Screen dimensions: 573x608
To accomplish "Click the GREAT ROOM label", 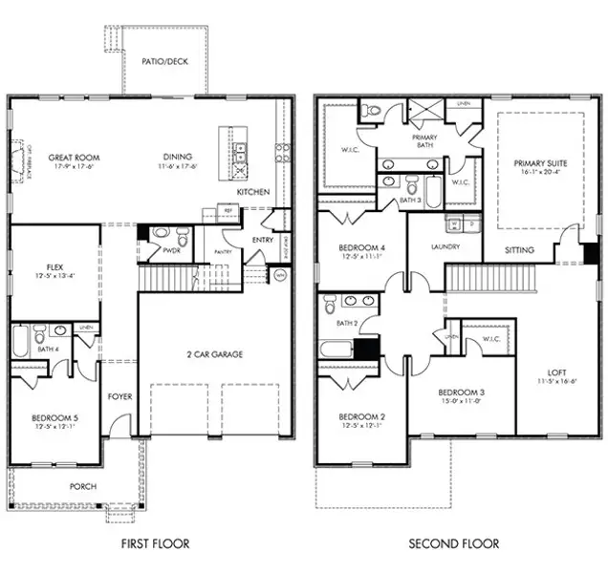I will point(75,158).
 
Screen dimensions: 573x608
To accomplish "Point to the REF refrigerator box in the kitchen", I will point(215,212).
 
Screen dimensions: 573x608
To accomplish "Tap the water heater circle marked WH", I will point(280,274).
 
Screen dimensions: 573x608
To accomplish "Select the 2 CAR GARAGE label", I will point(214,354).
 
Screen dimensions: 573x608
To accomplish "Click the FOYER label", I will point(119,396).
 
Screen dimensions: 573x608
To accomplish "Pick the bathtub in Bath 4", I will point(21,341).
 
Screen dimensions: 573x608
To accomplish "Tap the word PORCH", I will point(82,486).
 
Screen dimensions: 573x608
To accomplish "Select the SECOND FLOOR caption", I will point(454,543).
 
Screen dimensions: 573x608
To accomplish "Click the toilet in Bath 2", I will point(330,306).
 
